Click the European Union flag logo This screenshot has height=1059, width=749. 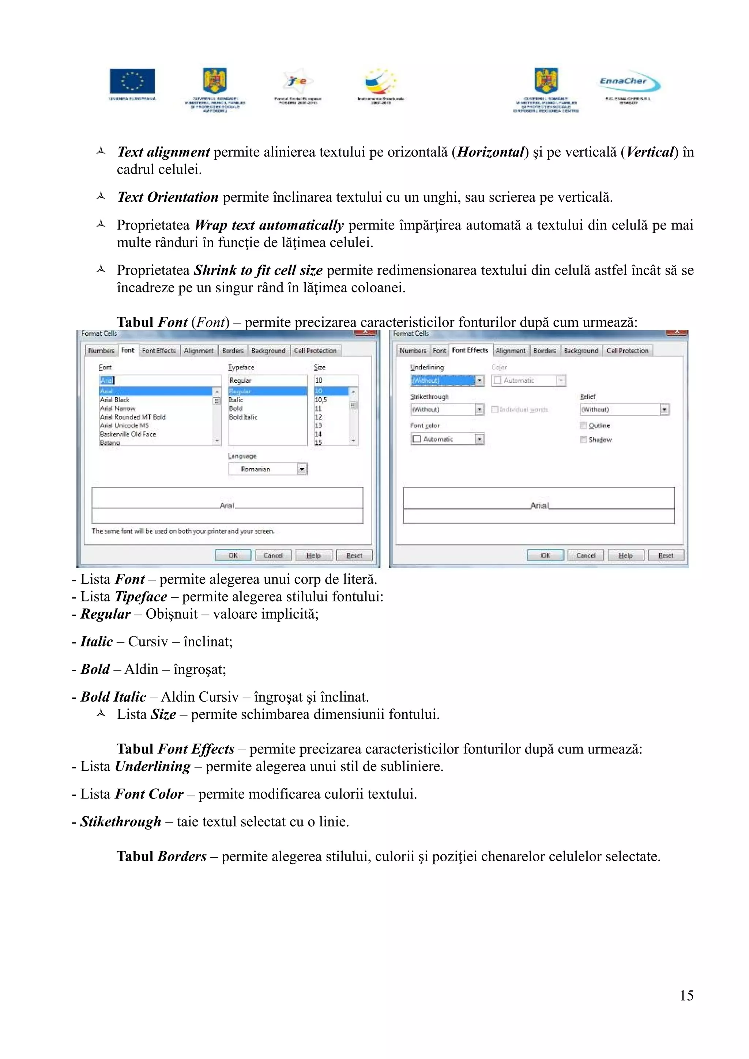pos(132,81)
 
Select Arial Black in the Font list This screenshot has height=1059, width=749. pos(115,400)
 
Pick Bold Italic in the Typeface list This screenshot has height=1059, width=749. pos(243,417)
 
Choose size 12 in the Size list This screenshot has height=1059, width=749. pos(319,417)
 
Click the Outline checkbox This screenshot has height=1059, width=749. pos(583,426)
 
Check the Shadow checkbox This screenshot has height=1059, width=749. pos(583,440)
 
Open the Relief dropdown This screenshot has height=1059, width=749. pos(624,410)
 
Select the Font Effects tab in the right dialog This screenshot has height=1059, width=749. pos(470,350)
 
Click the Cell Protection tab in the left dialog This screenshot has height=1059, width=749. pos(315,350)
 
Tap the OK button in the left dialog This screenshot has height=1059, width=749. pos(233,555)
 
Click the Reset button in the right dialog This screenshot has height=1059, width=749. pos(666,555)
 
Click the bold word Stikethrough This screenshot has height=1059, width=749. pos(121,821)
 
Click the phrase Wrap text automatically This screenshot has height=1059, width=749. pos(269,225)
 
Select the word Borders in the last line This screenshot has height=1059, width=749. pos(182,857)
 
